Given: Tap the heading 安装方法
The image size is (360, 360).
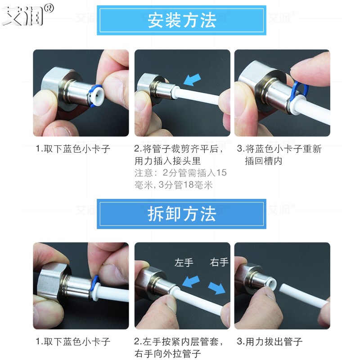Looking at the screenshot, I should (182, 21).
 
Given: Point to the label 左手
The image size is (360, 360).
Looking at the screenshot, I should (184, 262).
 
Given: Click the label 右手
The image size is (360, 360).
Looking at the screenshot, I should (219, 262).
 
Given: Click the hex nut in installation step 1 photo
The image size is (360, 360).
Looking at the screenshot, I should (52, 85).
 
